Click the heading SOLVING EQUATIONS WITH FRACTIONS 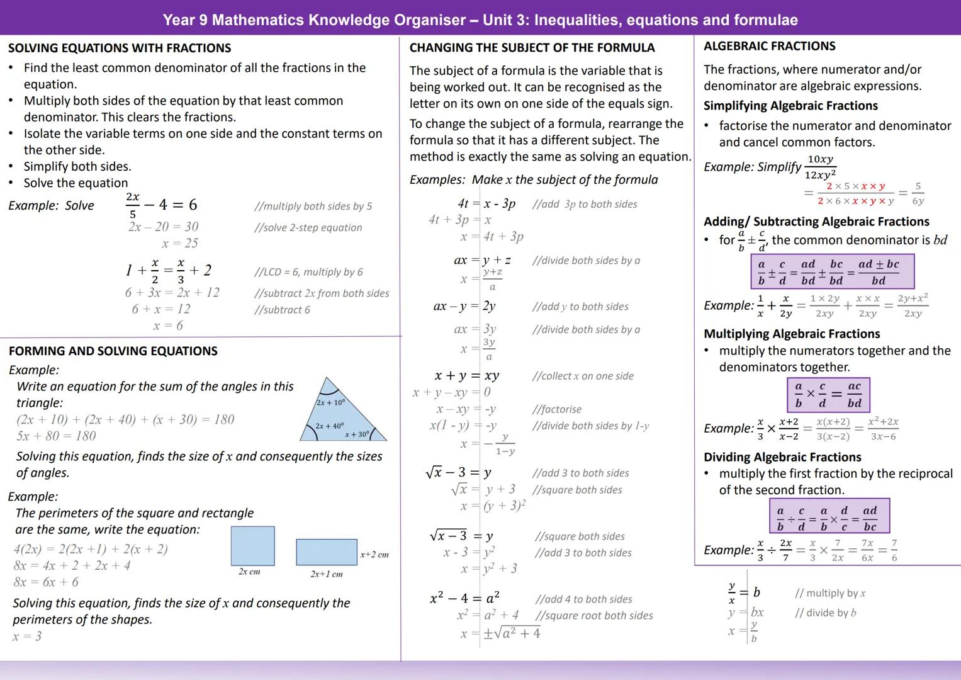point(120,48)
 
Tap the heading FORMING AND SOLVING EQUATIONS point(113,351)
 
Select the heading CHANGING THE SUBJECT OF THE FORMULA point(532,48)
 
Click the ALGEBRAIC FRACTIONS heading point(769,46)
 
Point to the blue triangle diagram point(340,416)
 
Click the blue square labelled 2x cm point(252,546)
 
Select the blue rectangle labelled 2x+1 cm point(326,552)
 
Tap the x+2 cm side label point(374,555)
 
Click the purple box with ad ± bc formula point(832,272)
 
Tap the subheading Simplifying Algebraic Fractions point(790,106)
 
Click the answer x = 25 point(180,243)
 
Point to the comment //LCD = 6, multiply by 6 point(308,272)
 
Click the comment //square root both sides point(593,616)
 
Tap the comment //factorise point(556,409)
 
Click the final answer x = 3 point(27,637)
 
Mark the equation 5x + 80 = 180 point(56,436)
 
